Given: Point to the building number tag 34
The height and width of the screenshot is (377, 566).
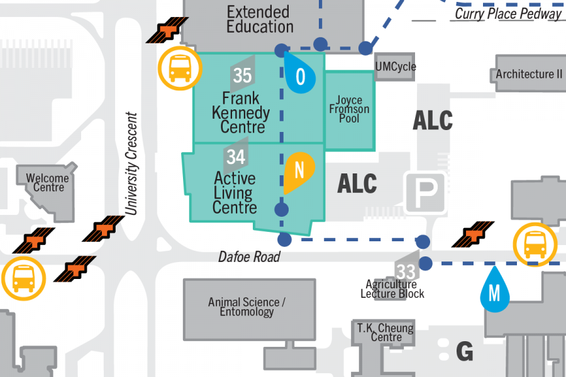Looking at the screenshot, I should [236, 155].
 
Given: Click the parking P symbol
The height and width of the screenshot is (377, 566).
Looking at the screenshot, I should [425, 191].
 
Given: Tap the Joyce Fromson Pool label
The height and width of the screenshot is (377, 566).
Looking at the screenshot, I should [349, 109].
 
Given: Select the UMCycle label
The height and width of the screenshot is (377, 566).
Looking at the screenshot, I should [395, 67].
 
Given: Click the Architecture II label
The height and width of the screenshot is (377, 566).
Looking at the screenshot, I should [529, 74].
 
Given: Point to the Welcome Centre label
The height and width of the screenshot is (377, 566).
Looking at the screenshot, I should [48, 183].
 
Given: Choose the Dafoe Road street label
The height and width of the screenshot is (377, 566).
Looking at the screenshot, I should [249, 257].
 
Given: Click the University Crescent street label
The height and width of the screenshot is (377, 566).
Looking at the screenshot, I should [131, 163].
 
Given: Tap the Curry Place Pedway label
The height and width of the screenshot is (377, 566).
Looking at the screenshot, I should [508, 13].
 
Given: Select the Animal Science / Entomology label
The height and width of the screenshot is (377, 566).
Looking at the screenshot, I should [247, 307].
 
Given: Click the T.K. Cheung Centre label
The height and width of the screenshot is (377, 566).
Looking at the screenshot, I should [386, 332].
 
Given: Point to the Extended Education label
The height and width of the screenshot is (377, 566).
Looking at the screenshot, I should [260, 19].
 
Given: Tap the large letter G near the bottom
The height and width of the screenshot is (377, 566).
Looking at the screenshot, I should [464, 351].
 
